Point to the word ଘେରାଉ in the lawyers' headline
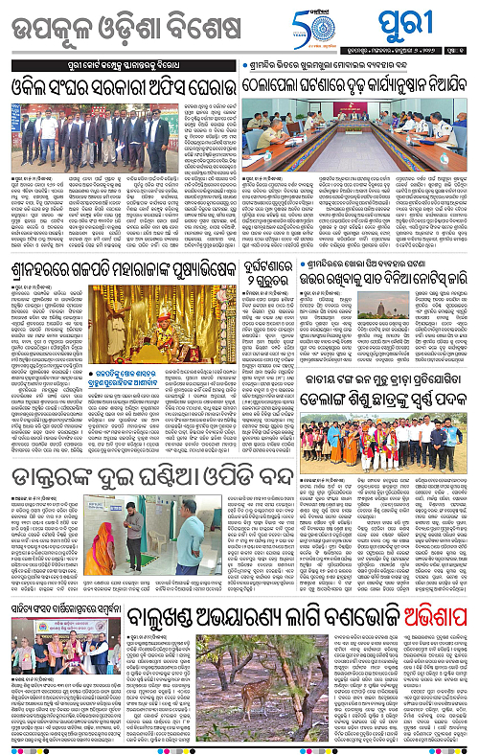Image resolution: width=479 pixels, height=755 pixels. (x=204, y=85)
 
